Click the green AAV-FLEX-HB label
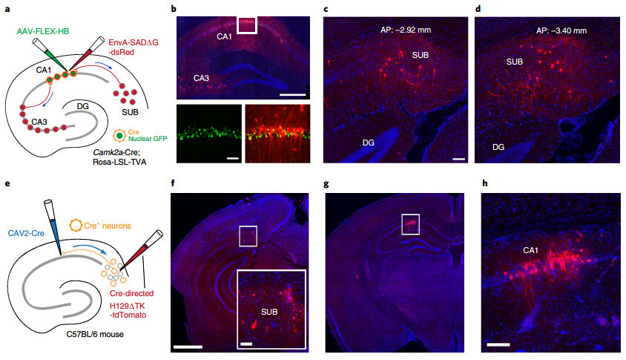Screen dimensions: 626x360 pyautogui.click(x=38, y=31)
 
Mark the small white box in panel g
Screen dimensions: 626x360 pyautogui.click(x=409, y=223)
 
